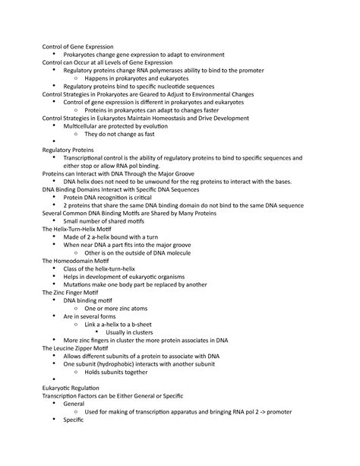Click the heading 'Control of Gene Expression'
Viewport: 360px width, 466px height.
click(x=76, y=46)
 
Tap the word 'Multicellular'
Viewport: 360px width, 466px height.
click(x=84, y=125)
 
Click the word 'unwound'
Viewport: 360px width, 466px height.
click(x=158, y=181)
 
